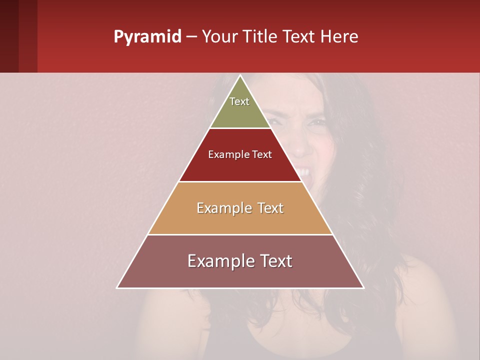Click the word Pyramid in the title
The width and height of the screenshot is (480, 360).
[147, 37]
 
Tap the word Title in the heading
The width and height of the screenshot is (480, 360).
[260, 37]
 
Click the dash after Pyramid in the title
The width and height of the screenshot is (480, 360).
[191, 37]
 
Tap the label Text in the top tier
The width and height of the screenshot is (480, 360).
[239, 101]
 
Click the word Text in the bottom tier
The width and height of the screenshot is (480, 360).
[274, 261]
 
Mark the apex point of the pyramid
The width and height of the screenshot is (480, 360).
[240, 75]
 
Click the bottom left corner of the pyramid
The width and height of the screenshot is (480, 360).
[117, 287]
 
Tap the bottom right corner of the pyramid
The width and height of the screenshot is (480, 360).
[364, 287]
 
